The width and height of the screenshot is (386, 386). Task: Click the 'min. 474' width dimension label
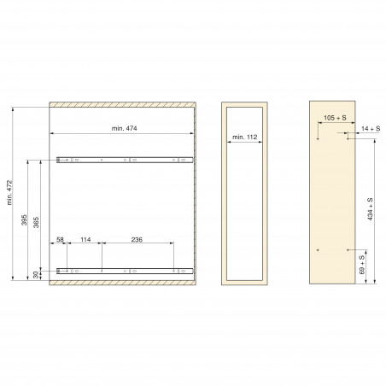(x=124, y=128)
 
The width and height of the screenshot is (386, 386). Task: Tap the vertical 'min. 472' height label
(x=9, y=192)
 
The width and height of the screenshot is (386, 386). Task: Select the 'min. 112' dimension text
(x=245, y=137)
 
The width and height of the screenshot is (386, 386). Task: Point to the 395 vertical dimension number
(x=24, y=220)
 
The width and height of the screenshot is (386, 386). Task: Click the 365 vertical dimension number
(x=36, y=222)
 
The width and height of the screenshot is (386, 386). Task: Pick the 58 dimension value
(x=60, y=240)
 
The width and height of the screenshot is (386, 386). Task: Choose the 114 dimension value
(x=85, y=240)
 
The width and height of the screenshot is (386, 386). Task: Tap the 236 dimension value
(x=137, y=240)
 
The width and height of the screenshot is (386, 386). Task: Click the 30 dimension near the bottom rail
(x=36, y=275)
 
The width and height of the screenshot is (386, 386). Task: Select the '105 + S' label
(x=335, y=118)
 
